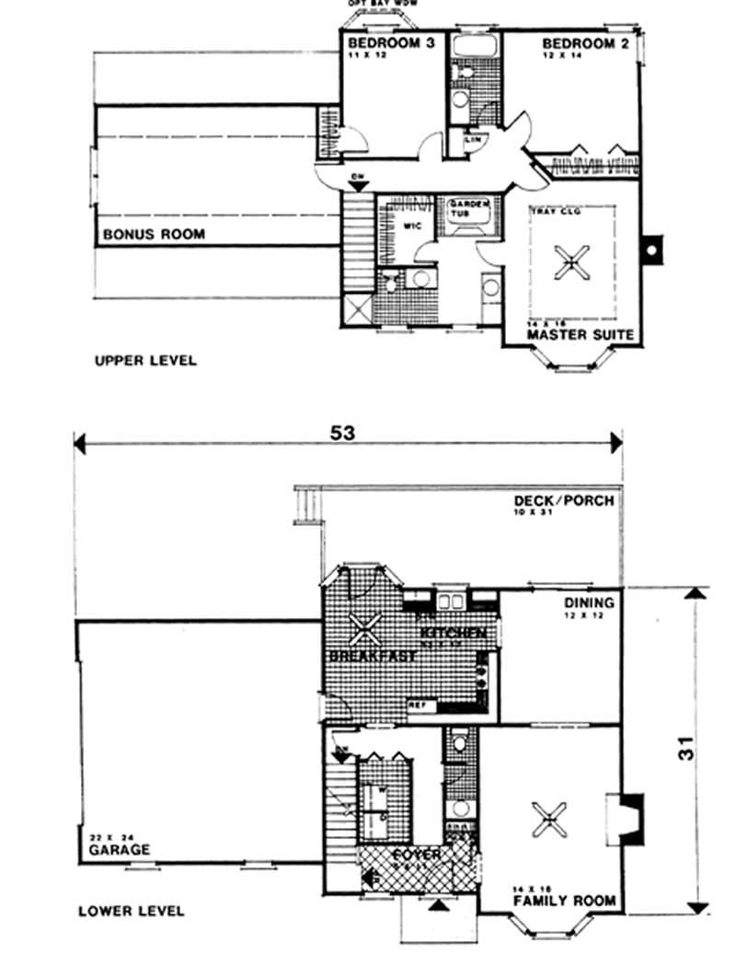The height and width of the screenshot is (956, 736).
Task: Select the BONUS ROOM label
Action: click(x=154, y=235)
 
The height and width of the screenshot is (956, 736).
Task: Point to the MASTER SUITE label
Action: click(x=580, y=335)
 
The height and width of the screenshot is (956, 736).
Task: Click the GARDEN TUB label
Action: click(x=470, y=208)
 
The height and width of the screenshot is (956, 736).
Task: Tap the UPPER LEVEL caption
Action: click(x=145, y=360)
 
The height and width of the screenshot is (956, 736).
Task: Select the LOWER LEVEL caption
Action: click(x=131, y=911)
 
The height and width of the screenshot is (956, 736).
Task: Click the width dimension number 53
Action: click(x=347, y=433)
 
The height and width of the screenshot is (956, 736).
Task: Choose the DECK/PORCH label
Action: click(x=563, y=502)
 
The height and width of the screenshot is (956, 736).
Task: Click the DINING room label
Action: click(x=589, y=603)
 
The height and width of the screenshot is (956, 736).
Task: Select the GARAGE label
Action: click(x=120, y=850)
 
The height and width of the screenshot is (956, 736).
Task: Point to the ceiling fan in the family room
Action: click(x=549, y=815)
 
